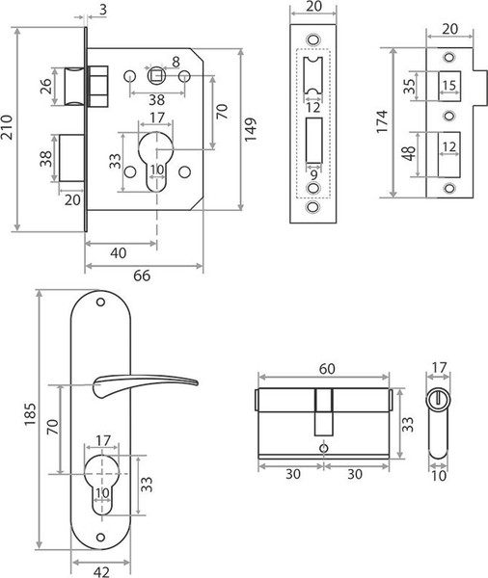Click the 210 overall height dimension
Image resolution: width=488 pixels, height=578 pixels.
(x=7, y=127)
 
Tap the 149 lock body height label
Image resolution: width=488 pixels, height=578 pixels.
(x=251, y=130)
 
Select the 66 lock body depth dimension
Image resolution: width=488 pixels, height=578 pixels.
(x=142, y=276)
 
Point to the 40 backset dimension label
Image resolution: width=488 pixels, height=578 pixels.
(x=118, y=252)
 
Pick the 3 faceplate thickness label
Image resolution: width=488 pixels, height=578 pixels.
(x=103, y=10)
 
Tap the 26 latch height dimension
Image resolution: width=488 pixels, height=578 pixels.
(x=46, y=87)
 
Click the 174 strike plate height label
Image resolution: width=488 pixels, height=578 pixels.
(x=382, y=122)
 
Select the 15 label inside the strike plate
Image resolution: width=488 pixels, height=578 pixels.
(x=448, y=86)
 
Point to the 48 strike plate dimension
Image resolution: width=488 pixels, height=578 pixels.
(x=409, y=154)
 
